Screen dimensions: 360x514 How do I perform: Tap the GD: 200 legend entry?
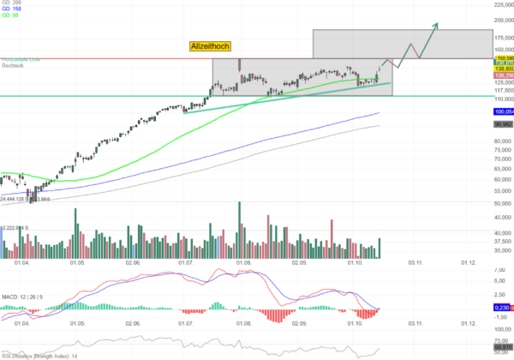point(10,3)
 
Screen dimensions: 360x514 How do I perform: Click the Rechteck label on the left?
point(12,66)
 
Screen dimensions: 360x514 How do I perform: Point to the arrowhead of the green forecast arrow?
point(436,25)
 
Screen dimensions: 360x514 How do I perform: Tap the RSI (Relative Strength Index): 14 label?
point(38,354)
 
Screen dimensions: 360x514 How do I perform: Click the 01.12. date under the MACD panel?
point(469,323)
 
